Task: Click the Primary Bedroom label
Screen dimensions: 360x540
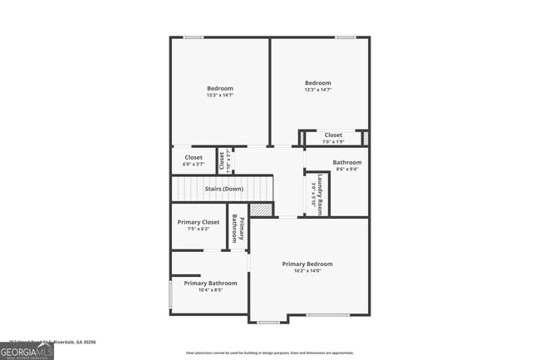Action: pos(307,264)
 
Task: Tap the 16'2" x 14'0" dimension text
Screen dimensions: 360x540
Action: pos(307,271)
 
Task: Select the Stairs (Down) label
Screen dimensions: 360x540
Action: pos(224,190)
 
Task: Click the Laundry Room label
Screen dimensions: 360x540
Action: pos(321,193)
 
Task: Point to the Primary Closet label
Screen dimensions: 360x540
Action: pos(199,222)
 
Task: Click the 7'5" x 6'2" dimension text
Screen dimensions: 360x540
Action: pos(199,229)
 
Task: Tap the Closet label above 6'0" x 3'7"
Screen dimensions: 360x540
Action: pos(194,157)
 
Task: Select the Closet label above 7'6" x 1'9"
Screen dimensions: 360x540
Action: pos(333,135)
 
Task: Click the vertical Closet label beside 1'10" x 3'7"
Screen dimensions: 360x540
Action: pos(222,160)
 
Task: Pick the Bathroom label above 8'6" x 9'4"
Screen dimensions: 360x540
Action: pos(347,162)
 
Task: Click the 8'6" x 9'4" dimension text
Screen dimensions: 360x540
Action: pos(347,170)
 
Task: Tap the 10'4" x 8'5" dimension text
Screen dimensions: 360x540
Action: pos(210,291)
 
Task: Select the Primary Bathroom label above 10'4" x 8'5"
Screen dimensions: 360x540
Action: pos(210,284)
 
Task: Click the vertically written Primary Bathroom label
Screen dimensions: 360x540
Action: pos(238,228)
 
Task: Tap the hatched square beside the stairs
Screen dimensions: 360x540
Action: pos(261,210)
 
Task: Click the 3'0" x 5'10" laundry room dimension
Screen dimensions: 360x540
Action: pos(313,194)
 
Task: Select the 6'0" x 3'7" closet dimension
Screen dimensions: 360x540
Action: pos(194,165)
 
